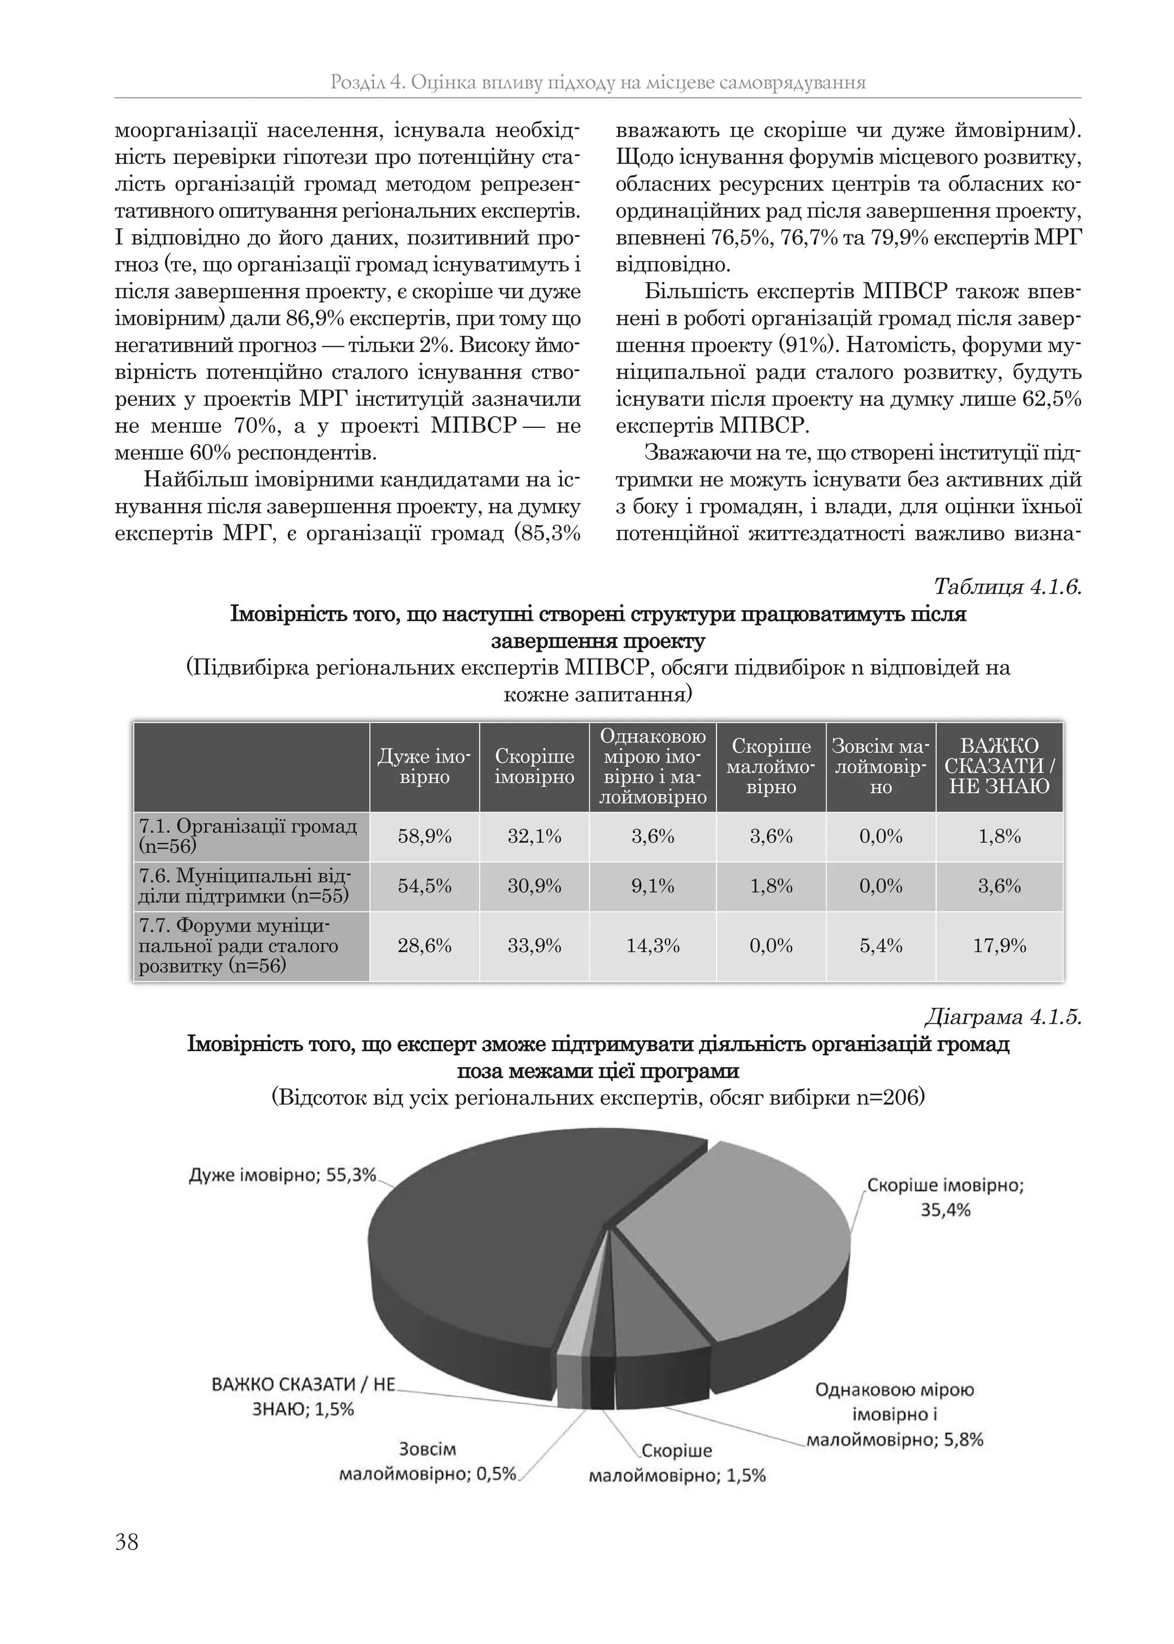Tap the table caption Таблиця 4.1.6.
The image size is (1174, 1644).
tap(1007, 586)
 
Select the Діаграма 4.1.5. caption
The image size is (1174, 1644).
tap(1003, 1017)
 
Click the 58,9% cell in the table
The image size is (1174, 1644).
tap(424, 837)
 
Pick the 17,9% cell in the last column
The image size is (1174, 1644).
tap(999, 946)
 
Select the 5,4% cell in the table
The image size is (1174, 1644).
tap(880, 946)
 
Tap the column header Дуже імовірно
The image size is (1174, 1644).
tap(424, 767)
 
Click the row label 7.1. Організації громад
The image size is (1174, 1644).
tap(248, 835)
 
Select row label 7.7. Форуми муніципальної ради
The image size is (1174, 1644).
tap(238, 946)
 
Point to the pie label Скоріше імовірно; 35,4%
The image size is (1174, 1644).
tap(945, 1197)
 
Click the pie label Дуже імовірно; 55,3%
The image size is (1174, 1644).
tap(283, 1175)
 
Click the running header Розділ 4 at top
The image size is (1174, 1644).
tap(597, 83)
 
